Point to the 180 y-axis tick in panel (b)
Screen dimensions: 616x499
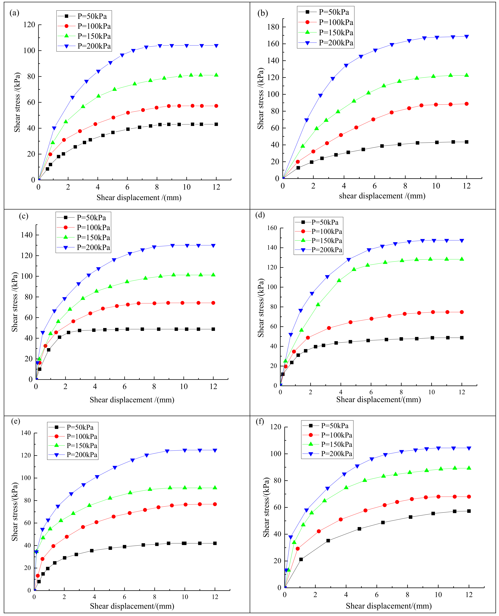click(273, 27)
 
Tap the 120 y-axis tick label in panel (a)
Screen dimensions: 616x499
click(29, 25)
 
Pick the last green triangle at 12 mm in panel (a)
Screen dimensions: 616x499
click(216, 75)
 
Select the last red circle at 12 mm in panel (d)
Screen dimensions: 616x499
click(462, 312)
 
